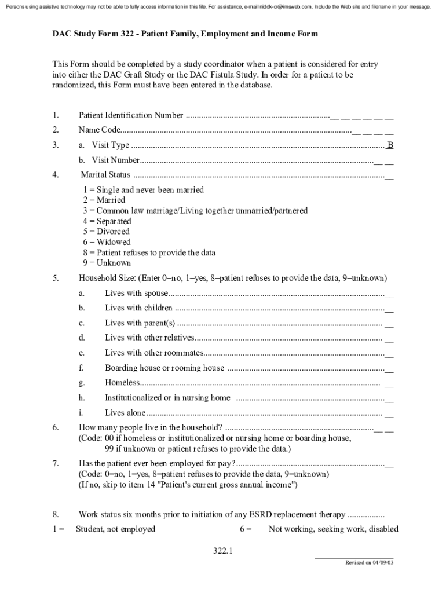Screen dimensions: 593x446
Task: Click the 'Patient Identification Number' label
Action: pyautogui.click(x=131, y=115)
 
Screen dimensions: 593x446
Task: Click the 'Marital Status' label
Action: pyautogui.click(x=105, y=175)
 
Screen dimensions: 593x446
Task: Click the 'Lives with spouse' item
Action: pyautogui.click(x=137, y=293)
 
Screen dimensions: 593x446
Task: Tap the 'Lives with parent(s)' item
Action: pyautogui.click(x=140, y=323)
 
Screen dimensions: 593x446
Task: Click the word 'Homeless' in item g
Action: pyautogui.click(x=122, y=382)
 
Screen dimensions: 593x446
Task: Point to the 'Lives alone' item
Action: pyautogui.click(x=125, y=413)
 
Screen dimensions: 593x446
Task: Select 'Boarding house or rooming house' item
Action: pyautogui.click(x=164, y=368)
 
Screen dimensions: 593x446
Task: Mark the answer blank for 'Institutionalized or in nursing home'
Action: pyautogui.click(x=389, y=398)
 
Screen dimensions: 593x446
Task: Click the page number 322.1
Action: pyautogui.click(x=222, y=551)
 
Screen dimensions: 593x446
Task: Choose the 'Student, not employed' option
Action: pyautogui.click(x=115, y=529)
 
